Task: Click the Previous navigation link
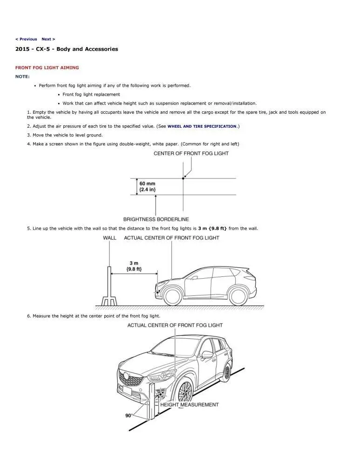(x=26, y=39)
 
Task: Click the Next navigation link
(x=48, y=39)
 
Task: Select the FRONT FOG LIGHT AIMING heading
(x=47, y=68)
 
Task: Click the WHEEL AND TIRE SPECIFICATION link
(x=202, y=126)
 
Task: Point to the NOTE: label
(x=22, y=76)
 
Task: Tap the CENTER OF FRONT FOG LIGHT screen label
(x=191, y=154)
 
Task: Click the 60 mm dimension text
(x=148, y=184)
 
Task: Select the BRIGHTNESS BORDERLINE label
(x=156, y=219)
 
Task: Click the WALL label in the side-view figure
(x=109, y=238)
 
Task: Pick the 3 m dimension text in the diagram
(x=134, y=263)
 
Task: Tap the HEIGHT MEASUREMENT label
(x=189, y=404)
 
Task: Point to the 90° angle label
(x=128, y=416)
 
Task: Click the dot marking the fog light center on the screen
(x=183, y=178)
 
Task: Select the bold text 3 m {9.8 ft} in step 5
(x=212, y=228)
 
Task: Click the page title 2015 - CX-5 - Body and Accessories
(x=67, y=49)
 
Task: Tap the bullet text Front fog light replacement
(x=91, y=95)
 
